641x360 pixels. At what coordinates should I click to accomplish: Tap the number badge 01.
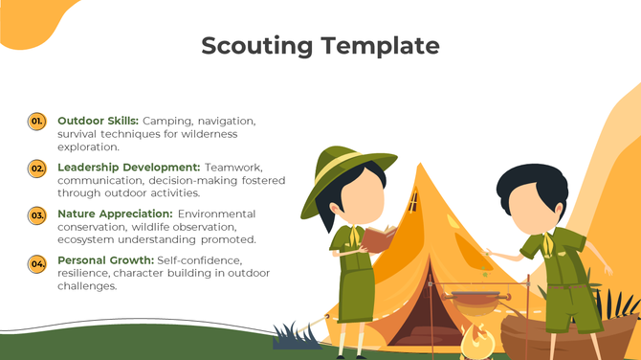[37, 122]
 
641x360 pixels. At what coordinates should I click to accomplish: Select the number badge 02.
[37, 169]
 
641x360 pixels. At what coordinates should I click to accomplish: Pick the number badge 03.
[37, 215]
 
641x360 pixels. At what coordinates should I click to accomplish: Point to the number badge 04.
[37, 262]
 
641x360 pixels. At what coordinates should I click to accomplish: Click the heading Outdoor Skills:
[98, 122]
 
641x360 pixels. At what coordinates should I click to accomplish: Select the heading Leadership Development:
[128, 168]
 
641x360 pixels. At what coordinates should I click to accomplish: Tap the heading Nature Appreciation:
[115, 214]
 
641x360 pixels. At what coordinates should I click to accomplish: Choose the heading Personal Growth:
[105, 260]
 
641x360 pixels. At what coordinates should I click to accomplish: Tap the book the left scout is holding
[379, 239]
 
